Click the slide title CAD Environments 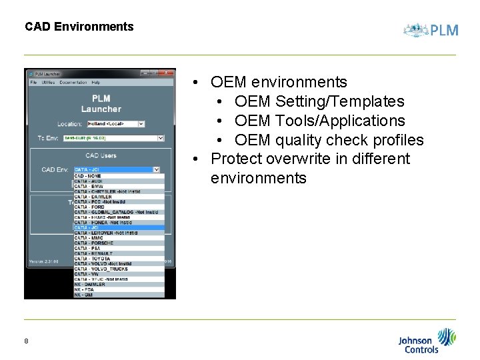79,27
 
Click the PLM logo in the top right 431,30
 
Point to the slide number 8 26,341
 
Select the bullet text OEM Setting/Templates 319,101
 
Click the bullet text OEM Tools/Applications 319,121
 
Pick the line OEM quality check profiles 329,140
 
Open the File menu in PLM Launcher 33,83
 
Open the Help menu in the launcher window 95,83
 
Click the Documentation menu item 73,83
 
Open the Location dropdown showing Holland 115,123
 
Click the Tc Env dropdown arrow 160,138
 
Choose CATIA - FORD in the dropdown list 89,207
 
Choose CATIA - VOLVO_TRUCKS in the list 100,269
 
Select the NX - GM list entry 85,294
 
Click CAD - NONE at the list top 88,176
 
